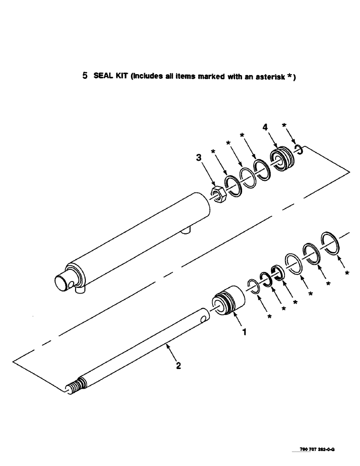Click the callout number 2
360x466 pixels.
pos(178,365)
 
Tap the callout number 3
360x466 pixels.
pos(199,158)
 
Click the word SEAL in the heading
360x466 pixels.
pos(102,77)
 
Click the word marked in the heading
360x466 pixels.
pos(195,77)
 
